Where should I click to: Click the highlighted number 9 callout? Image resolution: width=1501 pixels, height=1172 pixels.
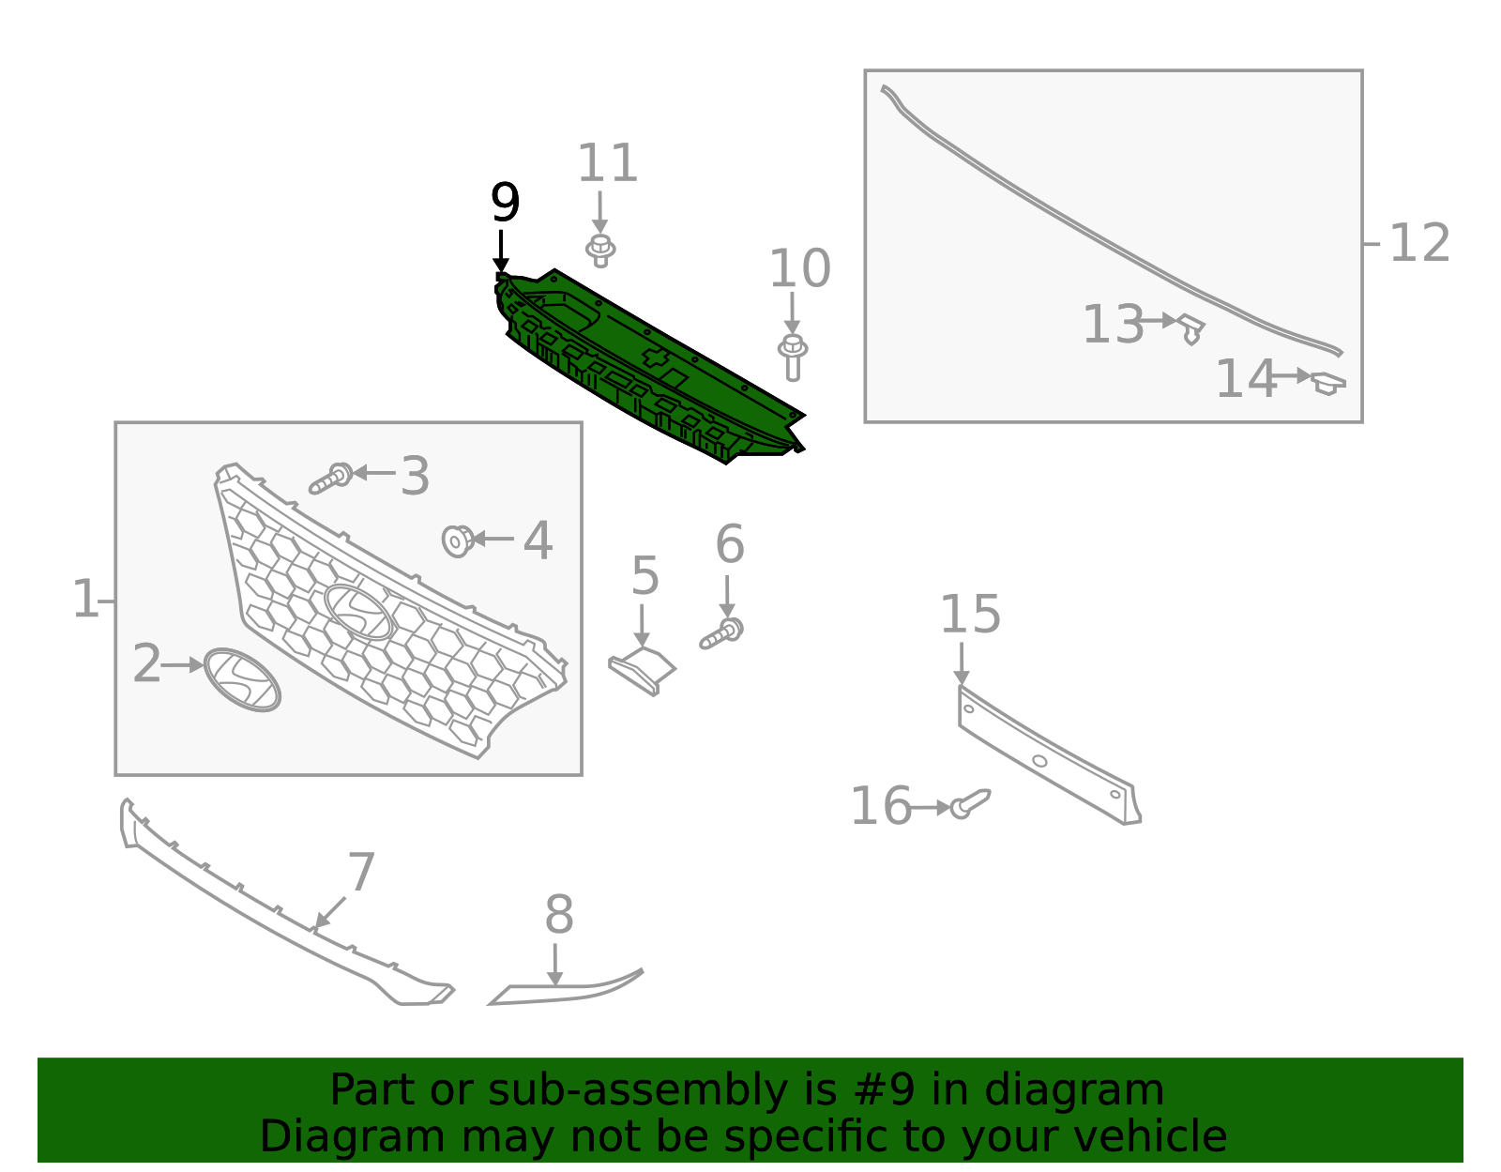tap(505, 203)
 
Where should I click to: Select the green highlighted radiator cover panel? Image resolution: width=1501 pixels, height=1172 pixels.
tap(647, 366)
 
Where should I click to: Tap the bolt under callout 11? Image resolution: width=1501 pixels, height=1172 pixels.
tap(600, 250)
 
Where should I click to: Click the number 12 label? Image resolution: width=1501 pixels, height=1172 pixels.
tap(1418, 244)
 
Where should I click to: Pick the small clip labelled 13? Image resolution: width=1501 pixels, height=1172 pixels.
tap(1190, 328)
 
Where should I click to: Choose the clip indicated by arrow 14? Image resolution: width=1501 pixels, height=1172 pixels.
tap(1327, 383)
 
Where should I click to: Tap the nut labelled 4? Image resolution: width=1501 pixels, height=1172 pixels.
tap(457, 540)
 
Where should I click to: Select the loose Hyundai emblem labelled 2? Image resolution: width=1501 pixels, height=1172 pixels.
tap(242, 679)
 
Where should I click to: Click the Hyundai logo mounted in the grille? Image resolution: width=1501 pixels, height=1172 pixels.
tap(358, 612)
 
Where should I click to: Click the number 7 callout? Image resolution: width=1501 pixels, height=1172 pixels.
tap(361, 873)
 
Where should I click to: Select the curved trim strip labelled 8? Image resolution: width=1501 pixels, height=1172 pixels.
tap(563, 991)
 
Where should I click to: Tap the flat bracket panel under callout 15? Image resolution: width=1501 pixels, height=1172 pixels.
tap(1046, 755)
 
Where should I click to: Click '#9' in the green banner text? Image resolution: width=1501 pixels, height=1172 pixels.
tap(880, 1090)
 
